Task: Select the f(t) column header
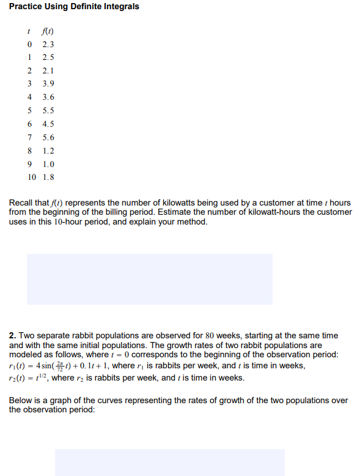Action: [x=49, y=31]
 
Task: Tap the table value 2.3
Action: [x=48, y=45]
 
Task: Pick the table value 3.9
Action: [x=48, y=84]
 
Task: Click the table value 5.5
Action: [x=48, y=111]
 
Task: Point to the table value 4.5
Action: [x=48, y=124]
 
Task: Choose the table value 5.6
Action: [x=48, y=138]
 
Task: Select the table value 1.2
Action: [x=48, y=151]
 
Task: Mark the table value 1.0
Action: [x=48, y=164]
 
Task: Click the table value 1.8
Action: [x=48, y=177]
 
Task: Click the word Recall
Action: [x=21, y=203]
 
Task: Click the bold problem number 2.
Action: [x=12, y=336]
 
